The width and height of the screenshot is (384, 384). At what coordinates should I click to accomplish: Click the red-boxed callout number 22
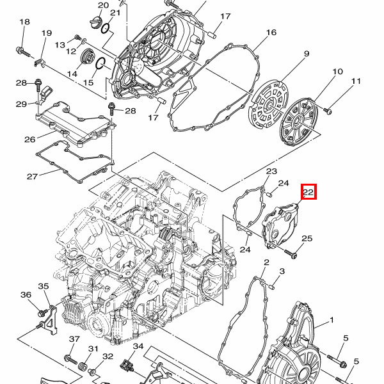coord(308,191)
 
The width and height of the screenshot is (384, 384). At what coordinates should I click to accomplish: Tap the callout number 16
coord(271,33)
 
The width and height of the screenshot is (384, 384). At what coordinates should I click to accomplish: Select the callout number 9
coord(307,54)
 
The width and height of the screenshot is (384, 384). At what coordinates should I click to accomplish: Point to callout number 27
coord(33,177)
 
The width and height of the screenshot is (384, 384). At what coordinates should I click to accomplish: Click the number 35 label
coord(44,286)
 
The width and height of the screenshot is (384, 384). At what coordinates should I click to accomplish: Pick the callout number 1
coord(332,320)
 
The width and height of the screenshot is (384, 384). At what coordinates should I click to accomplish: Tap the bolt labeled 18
coord(23,52)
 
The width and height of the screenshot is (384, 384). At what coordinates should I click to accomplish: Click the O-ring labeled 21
coord(106,28)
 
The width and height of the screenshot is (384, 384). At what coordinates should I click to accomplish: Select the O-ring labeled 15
coord(100,63)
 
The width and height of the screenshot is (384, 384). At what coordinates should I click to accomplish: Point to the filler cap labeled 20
coord(96,22)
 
